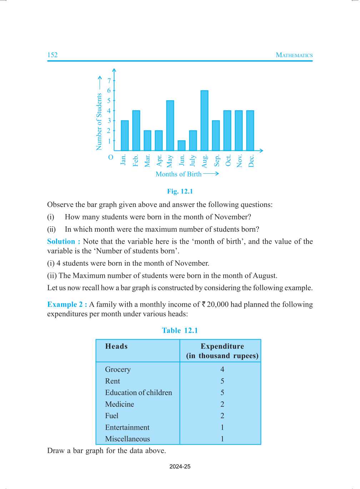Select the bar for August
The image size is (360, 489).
click(204, 120)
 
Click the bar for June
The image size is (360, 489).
click(181, 145)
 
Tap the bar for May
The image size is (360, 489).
click(170, 125)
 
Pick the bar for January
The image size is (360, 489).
click(125, 135)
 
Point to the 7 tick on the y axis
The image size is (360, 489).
click(109, 81)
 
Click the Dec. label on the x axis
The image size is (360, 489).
click(251, 161)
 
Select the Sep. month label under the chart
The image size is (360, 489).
click(217, 161)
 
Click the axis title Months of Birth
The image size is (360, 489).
click(179, 174)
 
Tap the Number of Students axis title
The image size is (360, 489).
click(99, 122)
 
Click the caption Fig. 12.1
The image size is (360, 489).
click(180, 191)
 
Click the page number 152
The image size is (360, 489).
click(52, 55)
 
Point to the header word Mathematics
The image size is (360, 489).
click(294, 55)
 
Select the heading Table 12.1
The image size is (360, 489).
click(180, 330)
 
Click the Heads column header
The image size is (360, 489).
click(116, 346)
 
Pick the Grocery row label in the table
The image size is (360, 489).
click(118, 369)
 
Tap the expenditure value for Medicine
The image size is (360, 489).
click(222, 404)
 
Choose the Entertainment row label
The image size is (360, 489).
click(127, 427)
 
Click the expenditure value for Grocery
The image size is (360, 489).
click(222, 369)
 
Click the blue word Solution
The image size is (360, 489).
click(61, 241)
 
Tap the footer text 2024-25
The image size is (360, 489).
click(180, 466)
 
